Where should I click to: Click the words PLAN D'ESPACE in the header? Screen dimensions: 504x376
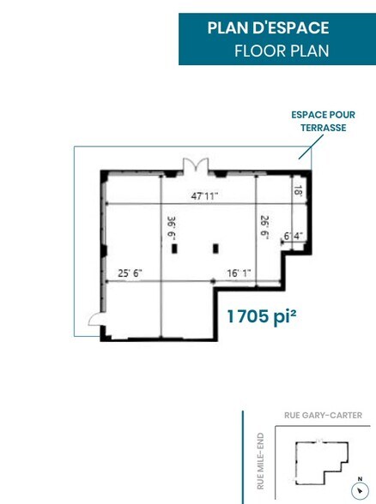click(268, 28)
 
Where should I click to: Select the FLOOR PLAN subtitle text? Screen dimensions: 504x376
click(282, 51)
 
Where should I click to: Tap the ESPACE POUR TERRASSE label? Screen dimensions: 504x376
click(322, 121)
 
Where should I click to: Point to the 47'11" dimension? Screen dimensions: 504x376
click(204, 195)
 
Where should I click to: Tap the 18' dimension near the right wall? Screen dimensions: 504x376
click(299, 191)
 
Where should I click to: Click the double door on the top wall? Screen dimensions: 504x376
click(191, 165)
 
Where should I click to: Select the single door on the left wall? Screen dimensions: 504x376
click(95, 321)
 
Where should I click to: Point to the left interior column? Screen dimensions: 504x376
click(175, 249)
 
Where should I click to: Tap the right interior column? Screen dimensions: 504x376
click(214, 249)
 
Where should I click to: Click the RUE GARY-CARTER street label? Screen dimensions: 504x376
click(323, 416)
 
